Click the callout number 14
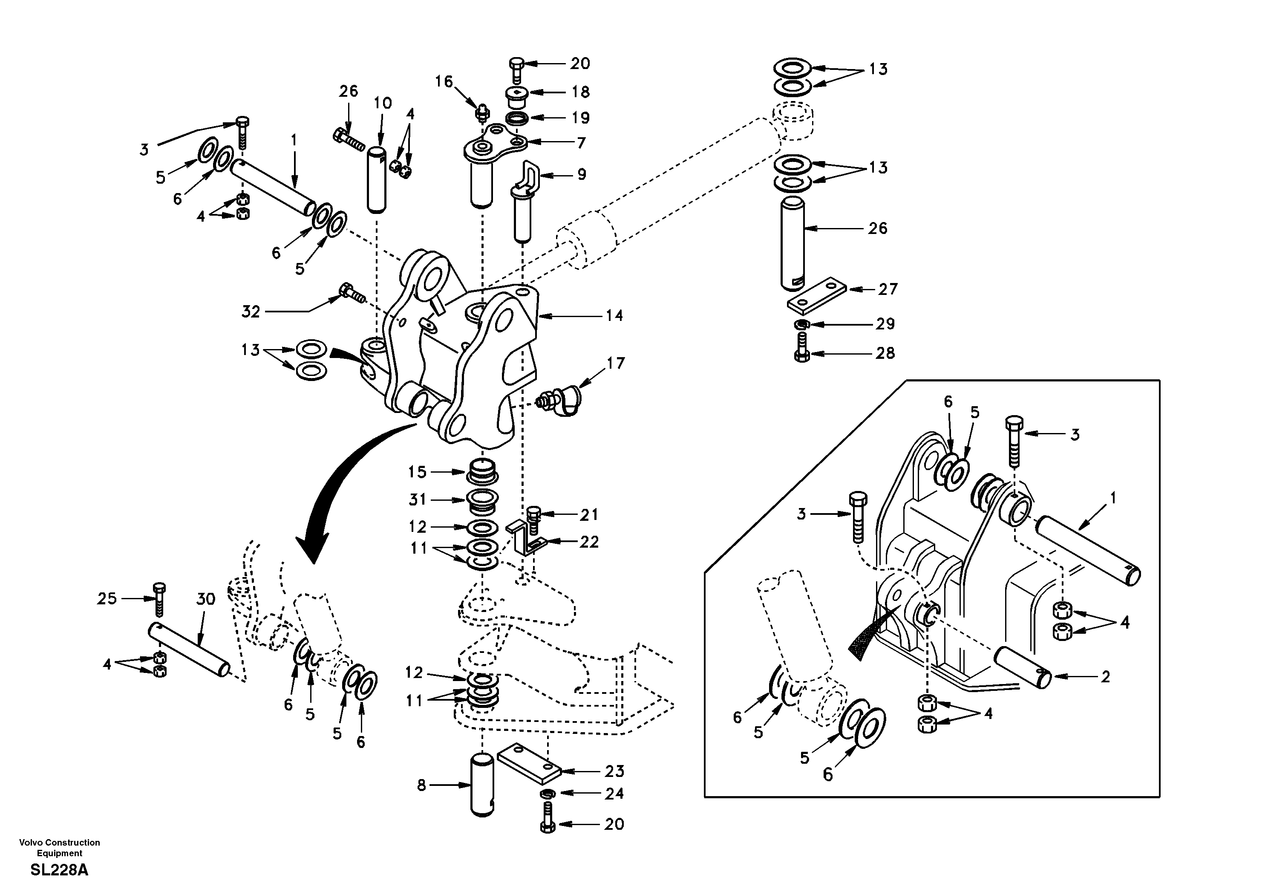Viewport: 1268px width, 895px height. pos(614,315)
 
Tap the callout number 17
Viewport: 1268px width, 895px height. pos(616,363)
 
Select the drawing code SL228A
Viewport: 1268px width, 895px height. pos(59,870)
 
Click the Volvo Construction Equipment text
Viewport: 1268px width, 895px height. pos(59,848)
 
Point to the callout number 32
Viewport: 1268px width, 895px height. pos(250,312)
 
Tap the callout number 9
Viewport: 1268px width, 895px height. pos(582,175)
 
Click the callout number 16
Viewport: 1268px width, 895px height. pos(444,82)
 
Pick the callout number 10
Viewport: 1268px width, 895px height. pos(382,103)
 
